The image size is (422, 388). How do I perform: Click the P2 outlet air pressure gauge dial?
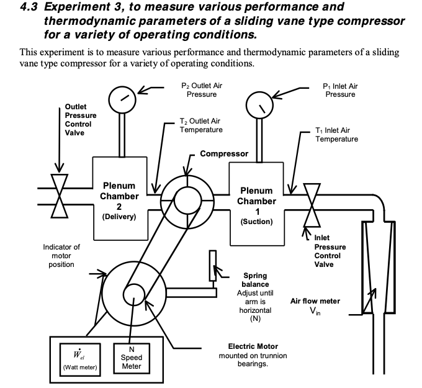(x=123, y=99)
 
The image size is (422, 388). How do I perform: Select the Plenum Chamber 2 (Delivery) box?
(x=120, y=199)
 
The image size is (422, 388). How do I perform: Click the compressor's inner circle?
(x=187, y=199)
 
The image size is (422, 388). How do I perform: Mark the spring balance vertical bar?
(x=212, y=266)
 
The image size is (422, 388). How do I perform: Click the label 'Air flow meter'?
(x=315, y=301)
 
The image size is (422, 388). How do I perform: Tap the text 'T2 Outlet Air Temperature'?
(x=200, y=125)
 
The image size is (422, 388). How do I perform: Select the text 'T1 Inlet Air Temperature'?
(x=336, y=135)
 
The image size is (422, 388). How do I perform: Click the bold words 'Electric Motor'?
(x=253, y=346)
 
